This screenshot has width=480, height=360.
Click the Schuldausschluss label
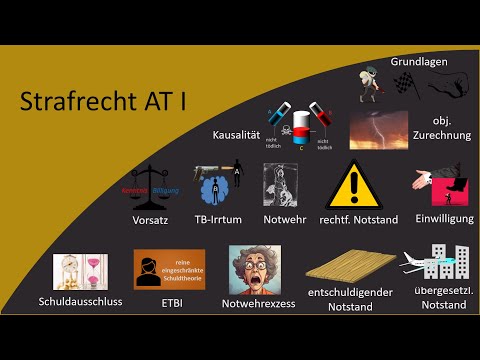coord(80,301)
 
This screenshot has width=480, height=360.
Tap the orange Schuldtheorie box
coord(169,269)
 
